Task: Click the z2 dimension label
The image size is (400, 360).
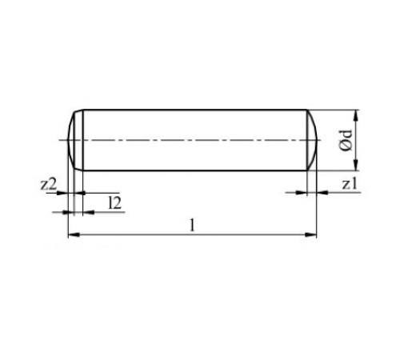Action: [x=49, y=184]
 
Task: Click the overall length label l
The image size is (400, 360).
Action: [x=192, y=224]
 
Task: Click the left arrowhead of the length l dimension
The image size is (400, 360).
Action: [x=72, y=234]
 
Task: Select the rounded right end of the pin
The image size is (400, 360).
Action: [x=313, y=140]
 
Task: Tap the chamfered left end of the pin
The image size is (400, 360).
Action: [x=72, y=140]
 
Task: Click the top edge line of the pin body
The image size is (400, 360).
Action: [x=192, y=110]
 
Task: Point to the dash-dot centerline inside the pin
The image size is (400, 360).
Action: [x=192, y=140]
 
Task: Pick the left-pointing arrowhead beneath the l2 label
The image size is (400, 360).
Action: [x=84, y=211]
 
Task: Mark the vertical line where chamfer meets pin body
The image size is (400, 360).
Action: [x=81, y=140]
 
